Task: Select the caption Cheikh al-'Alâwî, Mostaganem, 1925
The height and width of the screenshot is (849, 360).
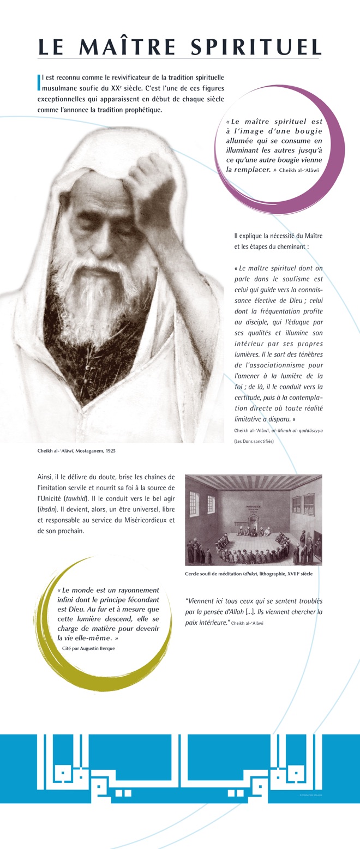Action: (76, 451)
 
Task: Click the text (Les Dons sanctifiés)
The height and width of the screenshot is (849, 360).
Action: (254, 441)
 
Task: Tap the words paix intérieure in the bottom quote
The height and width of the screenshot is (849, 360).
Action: (207, 622)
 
